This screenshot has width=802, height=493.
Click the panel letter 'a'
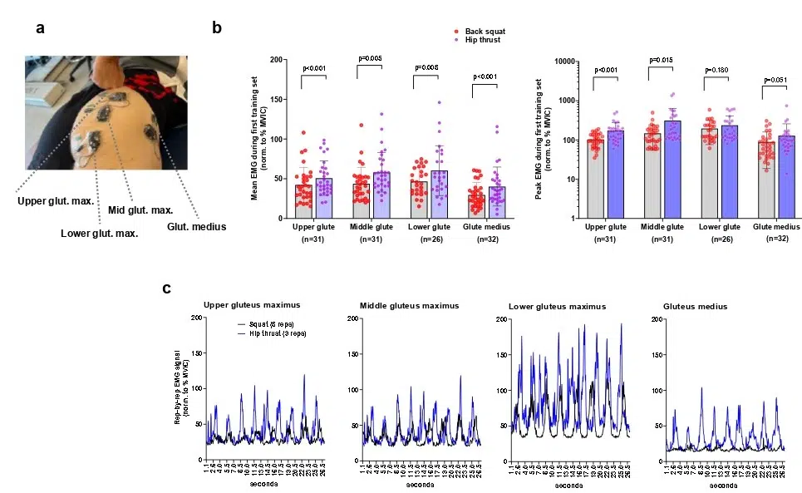(40, 29)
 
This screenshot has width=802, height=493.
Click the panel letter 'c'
(167, 289)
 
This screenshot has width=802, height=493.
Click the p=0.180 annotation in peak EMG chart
(716, 70)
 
